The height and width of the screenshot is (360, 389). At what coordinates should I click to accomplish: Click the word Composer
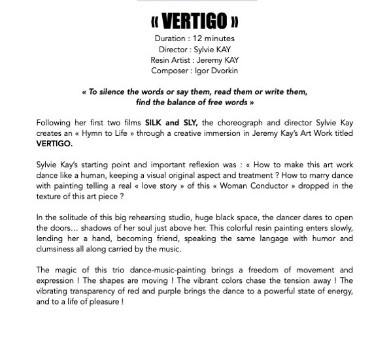[169, 70]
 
